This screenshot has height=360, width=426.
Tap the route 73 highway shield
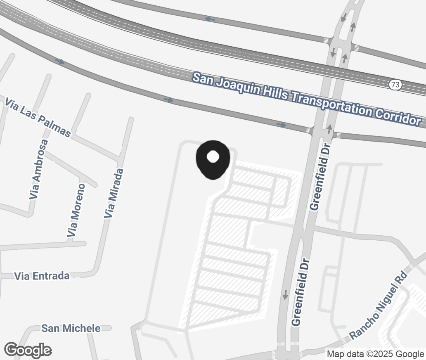click(x=395, y=85)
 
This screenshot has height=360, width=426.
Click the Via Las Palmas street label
click(x=38, y=117)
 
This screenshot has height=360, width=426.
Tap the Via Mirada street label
click(x=114, y=193)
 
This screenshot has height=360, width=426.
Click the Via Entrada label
click(x=42, y=276)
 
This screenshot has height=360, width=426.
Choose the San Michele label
click(x=71, y=328)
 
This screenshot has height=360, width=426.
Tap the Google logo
click(x=28, y=350)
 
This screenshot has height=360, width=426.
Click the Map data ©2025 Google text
click(x=375, y=354)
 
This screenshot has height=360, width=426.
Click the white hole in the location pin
click(x=213, y=156)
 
